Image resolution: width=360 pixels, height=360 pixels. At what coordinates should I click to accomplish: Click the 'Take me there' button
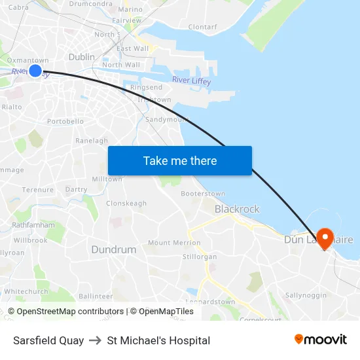pos(180,160)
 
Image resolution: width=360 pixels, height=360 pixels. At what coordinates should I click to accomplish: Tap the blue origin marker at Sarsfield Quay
pos(35,71)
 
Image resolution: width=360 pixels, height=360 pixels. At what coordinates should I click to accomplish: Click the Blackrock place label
pos(237,209)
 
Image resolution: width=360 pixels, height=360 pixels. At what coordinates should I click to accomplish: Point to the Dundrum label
pos(114,249)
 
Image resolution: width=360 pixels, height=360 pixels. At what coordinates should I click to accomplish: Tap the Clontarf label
pos(202,27)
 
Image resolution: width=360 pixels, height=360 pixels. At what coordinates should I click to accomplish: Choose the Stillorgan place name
pos(200,257)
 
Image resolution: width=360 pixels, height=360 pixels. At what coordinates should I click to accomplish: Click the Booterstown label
pos(203,194)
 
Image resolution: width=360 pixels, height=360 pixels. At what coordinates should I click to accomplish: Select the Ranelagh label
pos(92,141)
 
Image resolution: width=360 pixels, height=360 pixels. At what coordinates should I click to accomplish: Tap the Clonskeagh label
pos(126,204)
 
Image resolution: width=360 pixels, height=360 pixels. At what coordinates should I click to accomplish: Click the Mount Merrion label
pos(174,243)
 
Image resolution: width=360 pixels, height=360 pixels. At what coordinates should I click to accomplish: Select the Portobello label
pos(65,121)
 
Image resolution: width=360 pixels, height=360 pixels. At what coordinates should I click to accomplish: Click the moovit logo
pos(321,340)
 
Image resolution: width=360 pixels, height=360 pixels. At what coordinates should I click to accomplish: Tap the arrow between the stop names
pos(96,340)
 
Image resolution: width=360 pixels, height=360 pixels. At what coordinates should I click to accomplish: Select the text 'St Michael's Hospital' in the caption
pos(158,340)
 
